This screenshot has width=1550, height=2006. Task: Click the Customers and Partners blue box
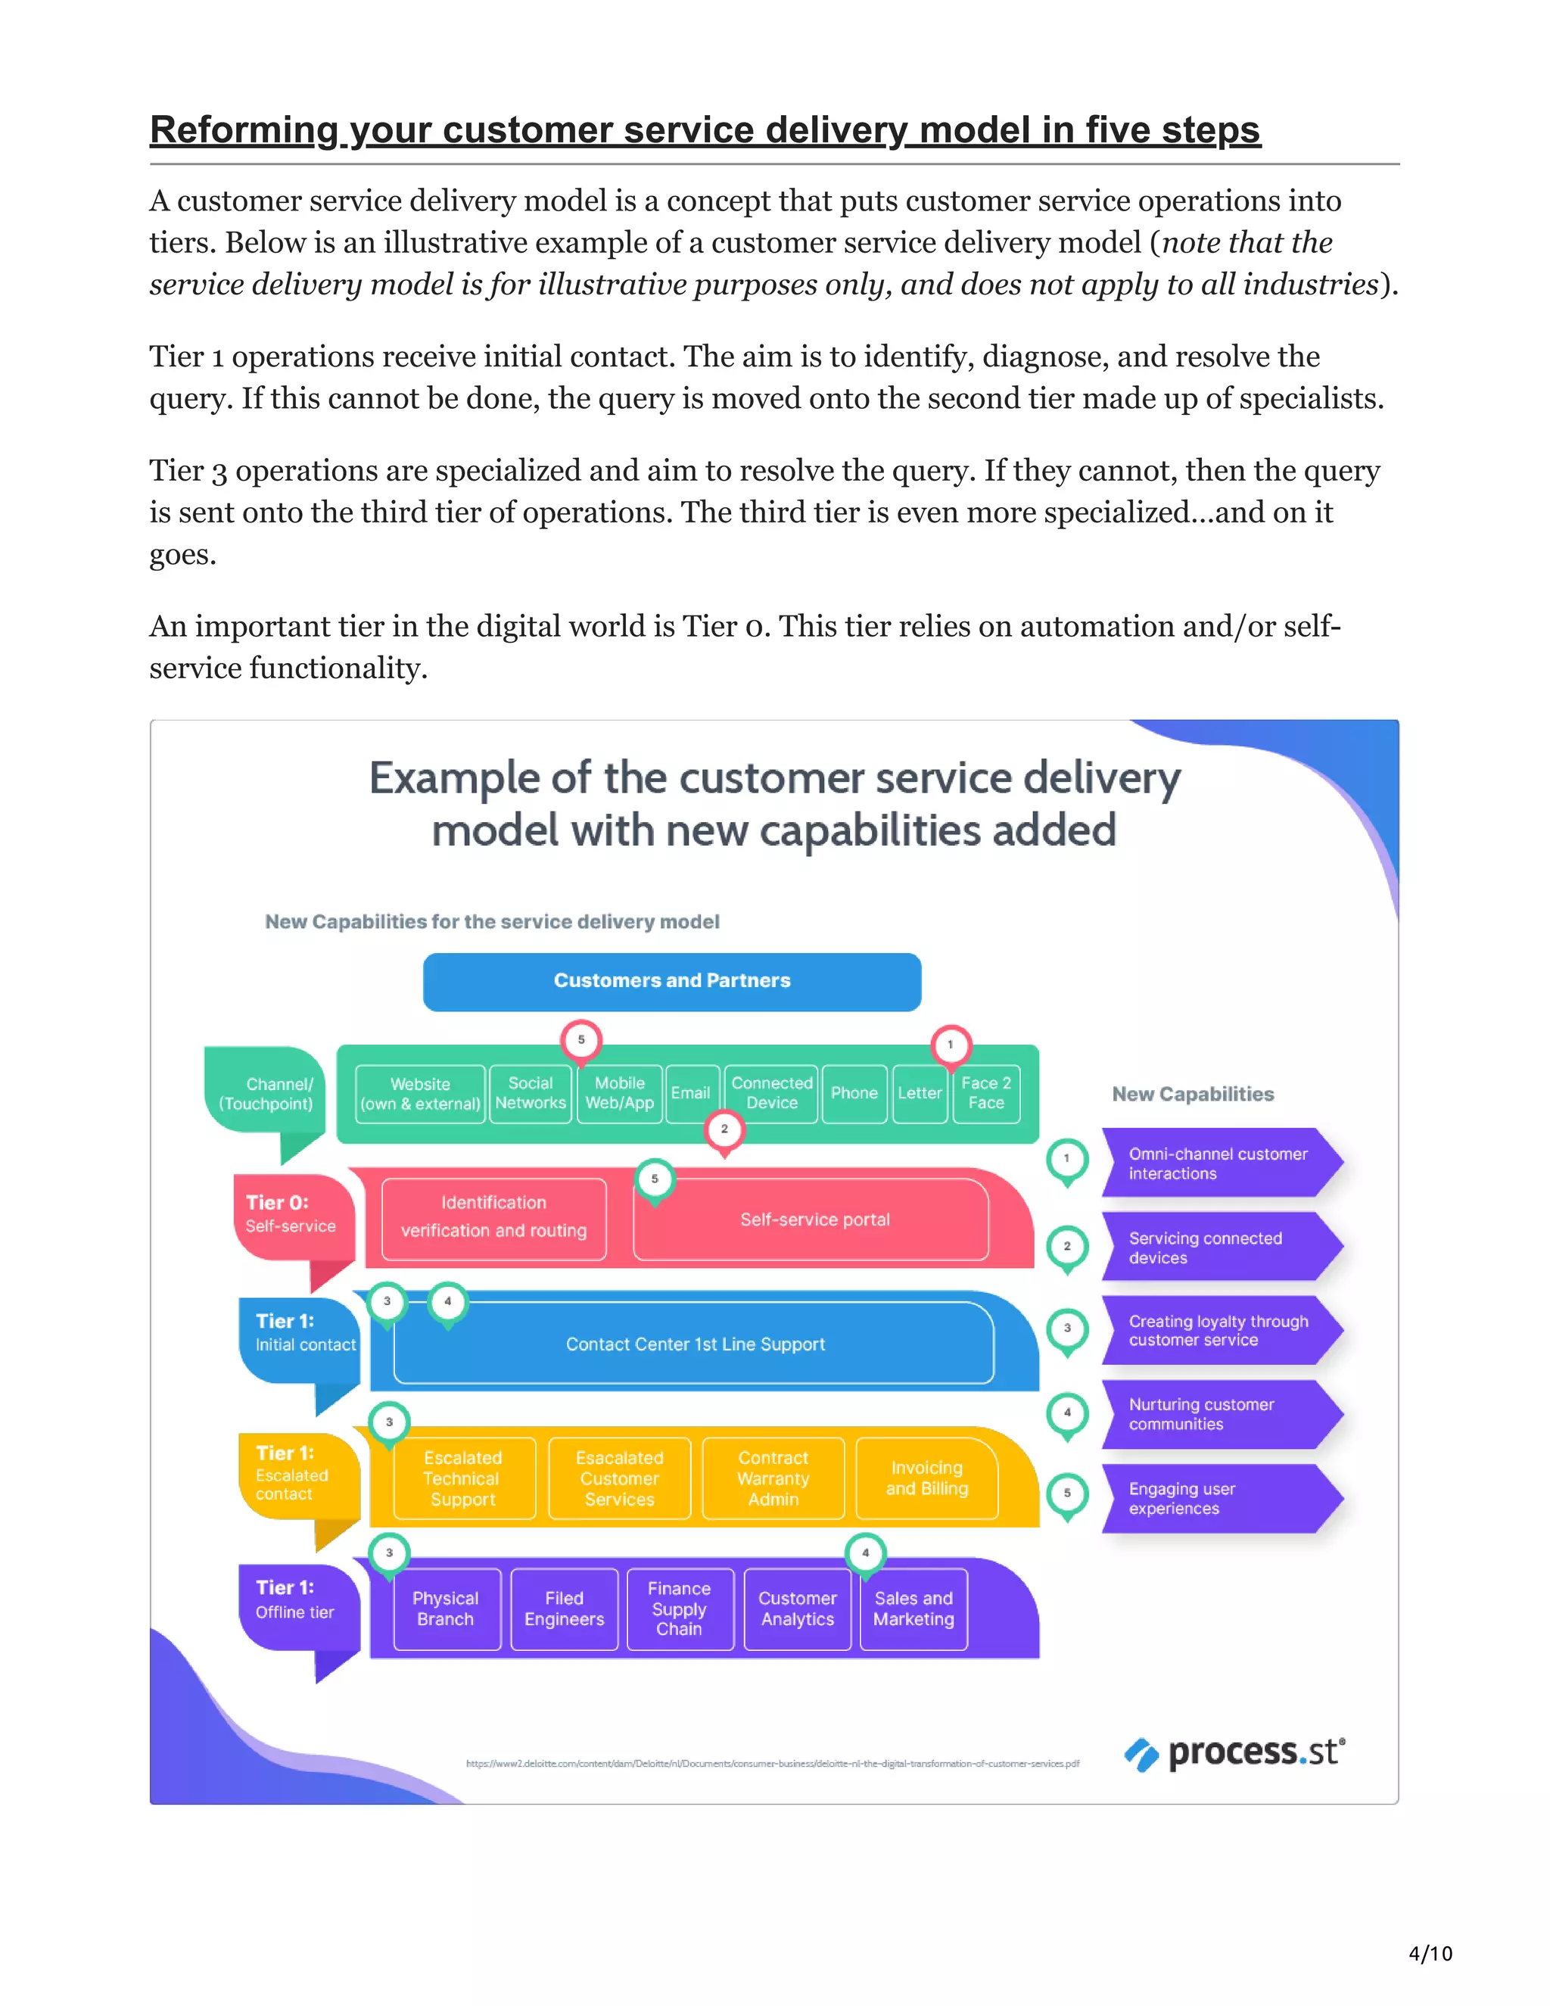671,981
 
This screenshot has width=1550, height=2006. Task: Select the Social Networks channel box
530,1093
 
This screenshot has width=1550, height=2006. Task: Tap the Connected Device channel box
771,1093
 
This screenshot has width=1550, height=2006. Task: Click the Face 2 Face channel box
985,1093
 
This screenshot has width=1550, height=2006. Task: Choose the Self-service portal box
814,1219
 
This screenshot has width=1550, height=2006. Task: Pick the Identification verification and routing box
493,1217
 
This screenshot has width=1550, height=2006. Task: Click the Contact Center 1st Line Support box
694,1344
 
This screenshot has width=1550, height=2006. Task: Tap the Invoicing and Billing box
926,1478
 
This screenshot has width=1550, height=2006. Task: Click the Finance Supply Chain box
679,1609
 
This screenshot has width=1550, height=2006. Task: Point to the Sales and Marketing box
913,1609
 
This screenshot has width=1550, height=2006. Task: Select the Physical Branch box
445,1609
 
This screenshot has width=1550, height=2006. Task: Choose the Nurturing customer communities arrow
1212,1415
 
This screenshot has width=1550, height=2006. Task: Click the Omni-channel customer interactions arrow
1212,1163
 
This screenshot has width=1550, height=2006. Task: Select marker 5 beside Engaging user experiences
1067,1494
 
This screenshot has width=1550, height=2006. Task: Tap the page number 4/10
1430,1954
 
